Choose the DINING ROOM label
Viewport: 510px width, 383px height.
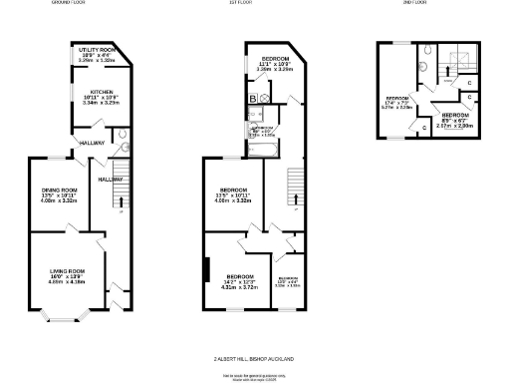click(x=60, y=191)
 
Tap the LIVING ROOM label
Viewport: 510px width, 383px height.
click(x=67, y=270)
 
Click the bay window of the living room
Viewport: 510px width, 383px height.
click(x=67, y=319)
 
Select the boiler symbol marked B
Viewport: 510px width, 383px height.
click(x=253, y=98)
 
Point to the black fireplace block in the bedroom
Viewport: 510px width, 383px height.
click(x=206, y=270)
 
